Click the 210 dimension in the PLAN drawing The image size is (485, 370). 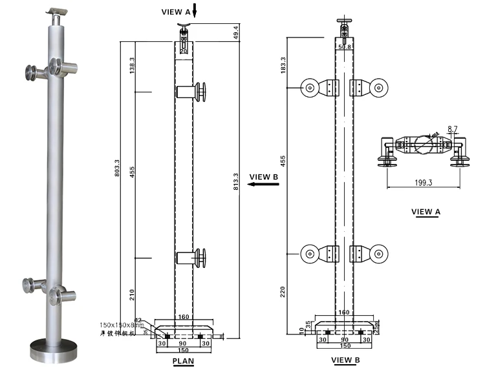[x=132, y=294]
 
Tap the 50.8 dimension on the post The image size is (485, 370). [x=344, y=46]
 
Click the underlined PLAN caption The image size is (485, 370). [x=184, y=361]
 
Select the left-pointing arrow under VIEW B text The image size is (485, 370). [x=263, y=185]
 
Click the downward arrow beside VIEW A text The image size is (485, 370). [x=195, y=12]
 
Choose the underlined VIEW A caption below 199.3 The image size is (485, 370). [x=426, y=212]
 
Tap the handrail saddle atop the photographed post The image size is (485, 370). [x=58, y=13]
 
